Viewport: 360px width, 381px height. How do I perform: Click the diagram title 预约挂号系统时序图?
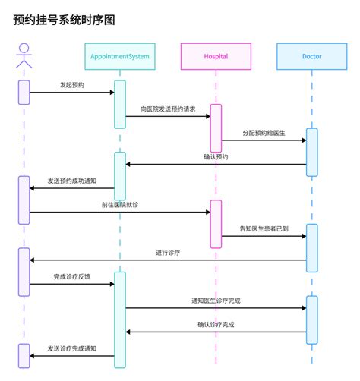point(64,20)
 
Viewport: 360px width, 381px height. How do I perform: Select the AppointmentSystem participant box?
point(119,57)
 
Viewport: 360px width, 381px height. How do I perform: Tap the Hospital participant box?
point(216,57)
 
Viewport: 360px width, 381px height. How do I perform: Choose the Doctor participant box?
point(311,57)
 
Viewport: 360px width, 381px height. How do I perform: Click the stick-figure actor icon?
point(24,56)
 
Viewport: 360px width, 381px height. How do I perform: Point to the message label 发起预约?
point(72,85)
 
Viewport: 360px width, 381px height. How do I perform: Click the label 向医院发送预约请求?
point(168,109)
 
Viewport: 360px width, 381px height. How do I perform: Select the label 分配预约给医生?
point(264,133)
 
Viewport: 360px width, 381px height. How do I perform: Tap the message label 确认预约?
point(216,157)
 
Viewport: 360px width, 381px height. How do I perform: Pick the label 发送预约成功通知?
point(72,181)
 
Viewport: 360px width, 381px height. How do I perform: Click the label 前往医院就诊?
point(120,205)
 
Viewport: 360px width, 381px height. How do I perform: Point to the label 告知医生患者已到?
point(264,229)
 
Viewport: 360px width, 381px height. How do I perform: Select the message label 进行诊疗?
point(168,253)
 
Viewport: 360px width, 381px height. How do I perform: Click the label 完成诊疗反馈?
point(72,277)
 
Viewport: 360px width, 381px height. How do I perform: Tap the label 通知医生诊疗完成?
point(216,301)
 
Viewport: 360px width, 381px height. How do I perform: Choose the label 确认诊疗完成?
point(216,325)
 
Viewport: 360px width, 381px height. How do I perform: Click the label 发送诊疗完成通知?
point(72,348)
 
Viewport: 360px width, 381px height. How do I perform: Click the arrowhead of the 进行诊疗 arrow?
point(33,260)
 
